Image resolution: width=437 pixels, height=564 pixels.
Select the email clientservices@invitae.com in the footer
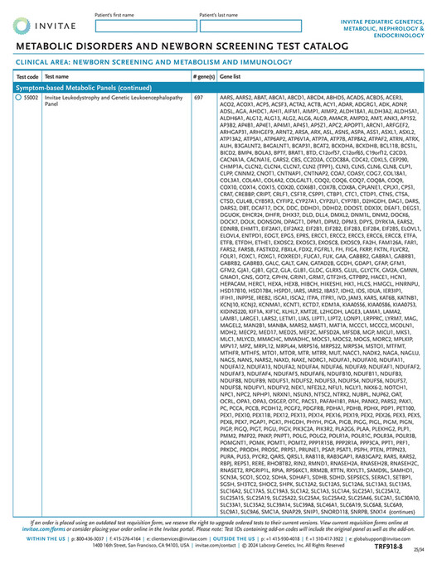(x=164, y=539)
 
